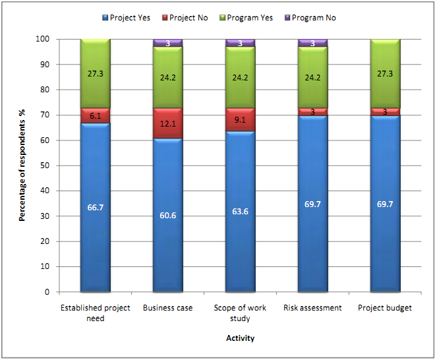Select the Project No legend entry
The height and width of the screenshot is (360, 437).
(185, 18)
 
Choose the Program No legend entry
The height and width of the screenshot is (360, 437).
(308, 18)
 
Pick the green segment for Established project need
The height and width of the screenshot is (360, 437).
(95, 73)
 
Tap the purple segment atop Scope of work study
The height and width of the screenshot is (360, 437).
(240, 43)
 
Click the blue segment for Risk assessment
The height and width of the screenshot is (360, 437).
(313, 204)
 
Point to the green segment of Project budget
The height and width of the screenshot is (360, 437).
(386, 73)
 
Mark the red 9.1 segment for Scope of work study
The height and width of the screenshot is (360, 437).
(240, 121)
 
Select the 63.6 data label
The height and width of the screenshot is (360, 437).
(241, 212)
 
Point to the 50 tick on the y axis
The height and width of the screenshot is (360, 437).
(46, 165)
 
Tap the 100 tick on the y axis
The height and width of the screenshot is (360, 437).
(44, 39)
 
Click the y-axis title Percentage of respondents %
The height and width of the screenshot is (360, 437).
(22, 165)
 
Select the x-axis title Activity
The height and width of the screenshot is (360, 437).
(240, 338)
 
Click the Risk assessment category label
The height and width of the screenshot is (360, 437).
(313, 308)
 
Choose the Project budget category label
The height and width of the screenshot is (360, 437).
(386, 308)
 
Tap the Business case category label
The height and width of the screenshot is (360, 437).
(168, 308)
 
